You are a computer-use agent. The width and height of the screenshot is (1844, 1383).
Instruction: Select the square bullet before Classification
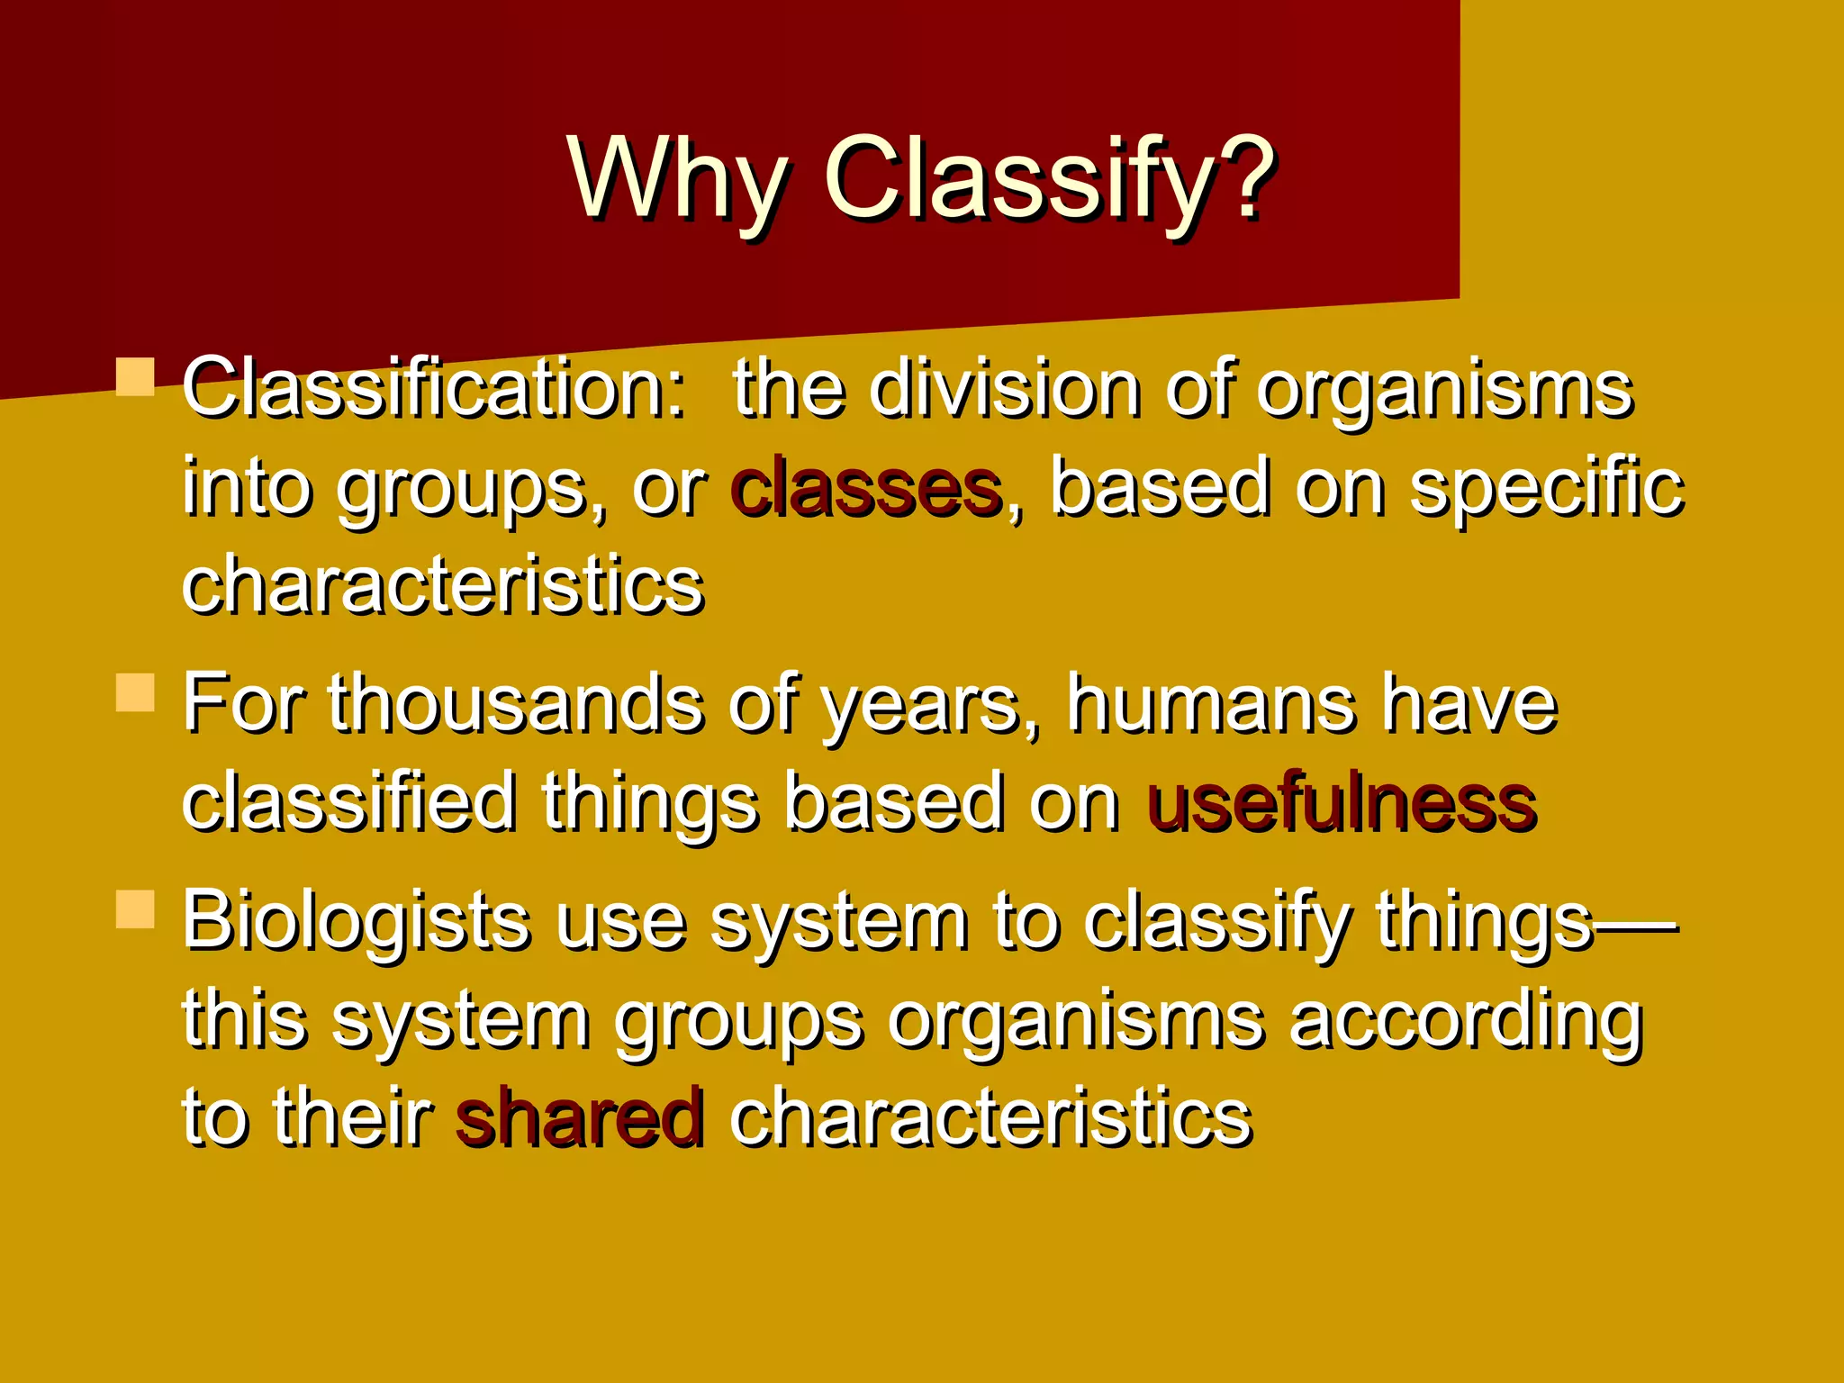[x=136, y=376]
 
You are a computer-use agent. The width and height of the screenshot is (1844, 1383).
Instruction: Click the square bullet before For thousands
[x=136, y=692]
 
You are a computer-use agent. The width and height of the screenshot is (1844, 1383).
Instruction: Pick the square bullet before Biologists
[x=136, y=908]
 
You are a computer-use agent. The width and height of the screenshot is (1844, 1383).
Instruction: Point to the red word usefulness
[x=1342, y=802]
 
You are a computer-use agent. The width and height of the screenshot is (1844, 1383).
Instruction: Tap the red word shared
[x=579, y=1117]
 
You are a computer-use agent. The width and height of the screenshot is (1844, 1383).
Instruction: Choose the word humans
[x=1211, y=704]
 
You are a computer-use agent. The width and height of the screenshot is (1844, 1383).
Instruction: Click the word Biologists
[x=357, y=920]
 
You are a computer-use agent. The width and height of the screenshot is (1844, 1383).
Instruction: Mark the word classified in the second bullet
[x=349, y=802]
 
